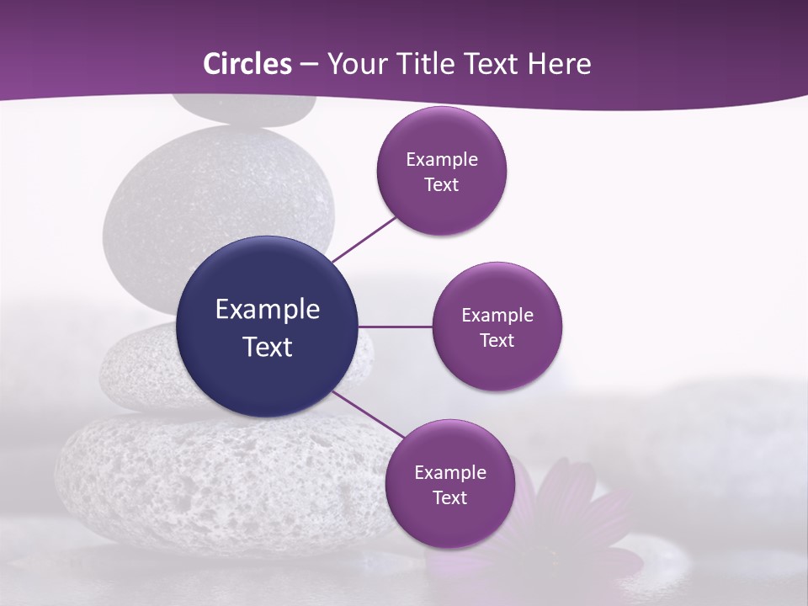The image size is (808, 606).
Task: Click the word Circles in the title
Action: [247, 64]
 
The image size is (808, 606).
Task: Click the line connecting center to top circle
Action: [364, 238]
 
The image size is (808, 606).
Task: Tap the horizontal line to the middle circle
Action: [395, 327]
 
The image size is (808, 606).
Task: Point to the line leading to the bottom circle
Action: [369, 415]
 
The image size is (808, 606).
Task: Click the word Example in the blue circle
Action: [268, 310]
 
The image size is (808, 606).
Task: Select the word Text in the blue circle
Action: [268, 347]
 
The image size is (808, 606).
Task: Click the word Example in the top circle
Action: [442, 160]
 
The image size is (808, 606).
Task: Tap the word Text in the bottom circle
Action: [449, 498]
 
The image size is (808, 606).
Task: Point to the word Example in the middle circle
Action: [497, 316]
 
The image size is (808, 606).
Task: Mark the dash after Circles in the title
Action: [308, 65]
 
